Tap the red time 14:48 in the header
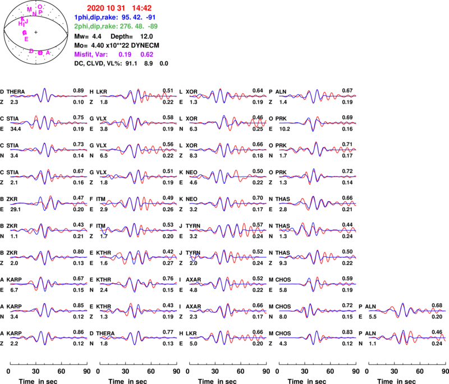(142, 8)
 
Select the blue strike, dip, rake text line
(114, 17)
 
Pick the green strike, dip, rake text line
(116, 26)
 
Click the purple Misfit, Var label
(90, 55)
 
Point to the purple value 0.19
(125, 55)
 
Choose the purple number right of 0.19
(147, 55)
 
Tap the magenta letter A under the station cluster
(48, 53)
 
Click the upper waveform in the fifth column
(407, 310)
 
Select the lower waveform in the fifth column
(407, 337)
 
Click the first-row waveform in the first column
(48, 96)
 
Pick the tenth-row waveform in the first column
(48, 337)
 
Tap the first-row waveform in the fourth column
(318, 96)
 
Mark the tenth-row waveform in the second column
(138, 337)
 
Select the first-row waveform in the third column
(228, 96)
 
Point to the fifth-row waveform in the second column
(138, 203)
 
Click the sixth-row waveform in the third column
(228, 230)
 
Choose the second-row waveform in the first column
(48, 122)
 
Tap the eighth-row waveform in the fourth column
(318, 283)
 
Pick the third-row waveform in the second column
(138, 149)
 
